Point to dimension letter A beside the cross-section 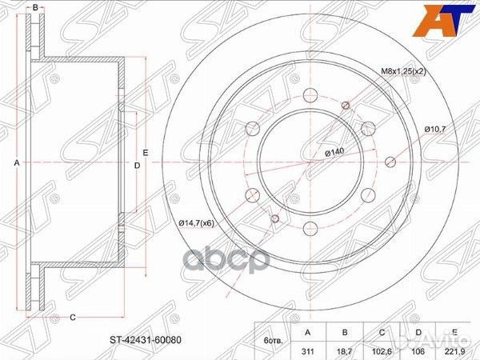click(16, 163)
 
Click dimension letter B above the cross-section click(34, 7)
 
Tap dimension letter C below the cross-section click(72, 318)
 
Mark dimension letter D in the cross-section click(137, 165)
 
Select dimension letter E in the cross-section click(146, 152)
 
